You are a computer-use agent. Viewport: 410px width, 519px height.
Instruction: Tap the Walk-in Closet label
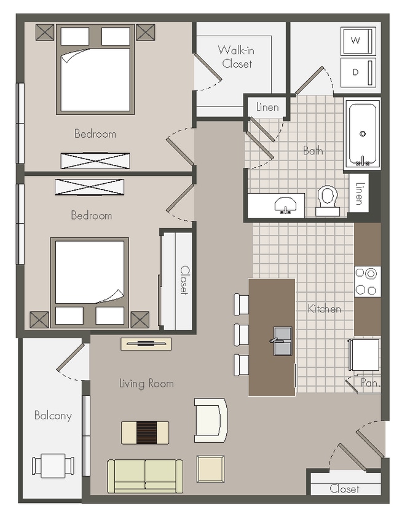tap(237, 57)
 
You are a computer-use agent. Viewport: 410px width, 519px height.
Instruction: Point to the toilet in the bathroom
tap(328, 200)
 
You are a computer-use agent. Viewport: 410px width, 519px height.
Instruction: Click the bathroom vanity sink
tap(285, 205)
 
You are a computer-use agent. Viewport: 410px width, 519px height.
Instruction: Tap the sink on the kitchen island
tap(282, 341)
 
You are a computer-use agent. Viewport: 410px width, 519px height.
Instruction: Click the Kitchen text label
tap(324, 309)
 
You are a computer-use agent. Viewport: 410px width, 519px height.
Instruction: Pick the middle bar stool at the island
tap(241, 335)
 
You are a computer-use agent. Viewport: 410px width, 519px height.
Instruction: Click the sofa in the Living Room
tap(145, 476)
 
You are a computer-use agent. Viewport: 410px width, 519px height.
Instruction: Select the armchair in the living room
tap(210, 420)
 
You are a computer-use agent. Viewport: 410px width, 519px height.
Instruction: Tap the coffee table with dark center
tap(145, 432)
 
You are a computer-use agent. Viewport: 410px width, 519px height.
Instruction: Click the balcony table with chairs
tap(53, 466)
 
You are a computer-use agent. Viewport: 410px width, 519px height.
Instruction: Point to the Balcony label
tap(53, 416)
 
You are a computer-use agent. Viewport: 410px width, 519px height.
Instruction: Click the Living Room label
tap(146, 384)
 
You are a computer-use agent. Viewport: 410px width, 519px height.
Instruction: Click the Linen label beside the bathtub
tap(359, 193)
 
